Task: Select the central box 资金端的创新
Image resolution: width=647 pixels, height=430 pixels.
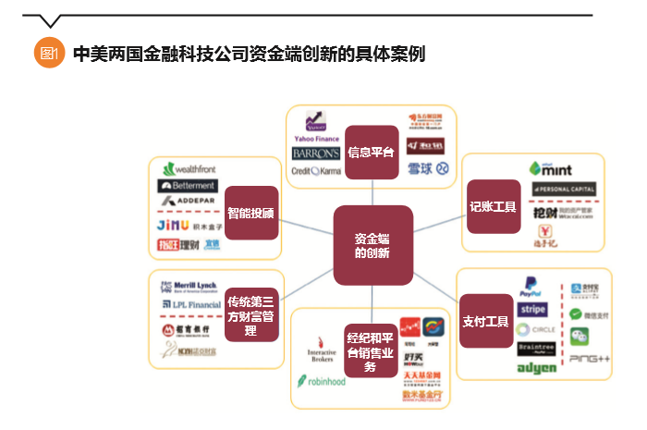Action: coord(372,245)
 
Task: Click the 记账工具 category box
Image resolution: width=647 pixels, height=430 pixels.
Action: coord(492,208)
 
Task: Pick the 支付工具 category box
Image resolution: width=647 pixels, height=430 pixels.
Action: coord(485,321)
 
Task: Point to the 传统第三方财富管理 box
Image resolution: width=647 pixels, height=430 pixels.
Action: coord(250,314)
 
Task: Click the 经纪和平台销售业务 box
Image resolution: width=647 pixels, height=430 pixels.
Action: coord(370,349)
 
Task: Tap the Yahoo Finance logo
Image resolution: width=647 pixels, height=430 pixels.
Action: coord(317,125)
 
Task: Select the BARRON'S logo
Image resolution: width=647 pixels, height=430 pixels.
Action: coord(315,154)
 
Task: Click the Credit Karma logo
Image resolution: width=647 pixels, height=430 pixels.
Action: coord(316,171)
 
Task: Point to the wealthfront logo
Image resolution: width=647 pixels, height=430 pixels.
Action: coord(194,169)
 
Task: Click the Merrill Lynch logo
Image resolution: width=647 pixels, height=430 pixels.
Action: coord(190,286)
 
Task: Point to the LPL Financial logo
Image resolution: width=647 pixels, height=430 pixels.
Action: coord(190,303)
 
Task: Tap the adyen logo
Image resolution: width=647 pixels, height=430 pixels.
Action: coord(536,368)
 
